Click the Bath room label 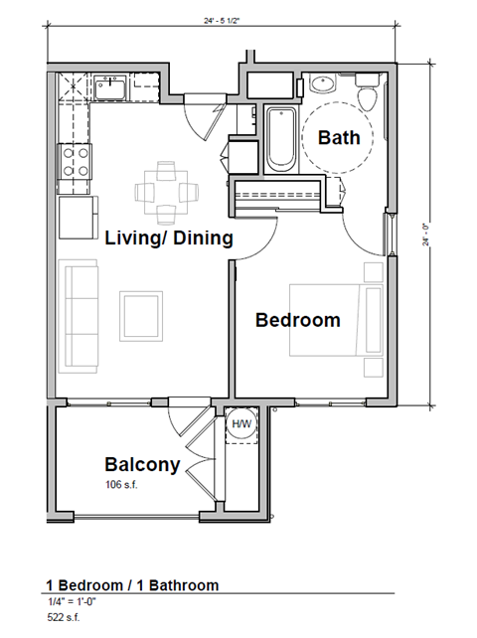[x=339, y=138]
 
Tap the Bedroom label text [x=297, y=320]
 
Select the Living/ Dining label [x=169, y=239]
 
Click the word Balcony [x=142, y=464]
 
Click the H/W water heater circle [x=241, y=425]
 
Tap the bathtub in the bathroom [x=279, y=138]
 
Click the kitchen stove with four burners [x=76, y=161]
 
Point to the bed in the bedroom [x=335, y=320]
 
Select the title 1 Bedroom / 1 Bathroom [x=131, y=585]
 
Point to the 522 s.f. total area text [x=63, y=618]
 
